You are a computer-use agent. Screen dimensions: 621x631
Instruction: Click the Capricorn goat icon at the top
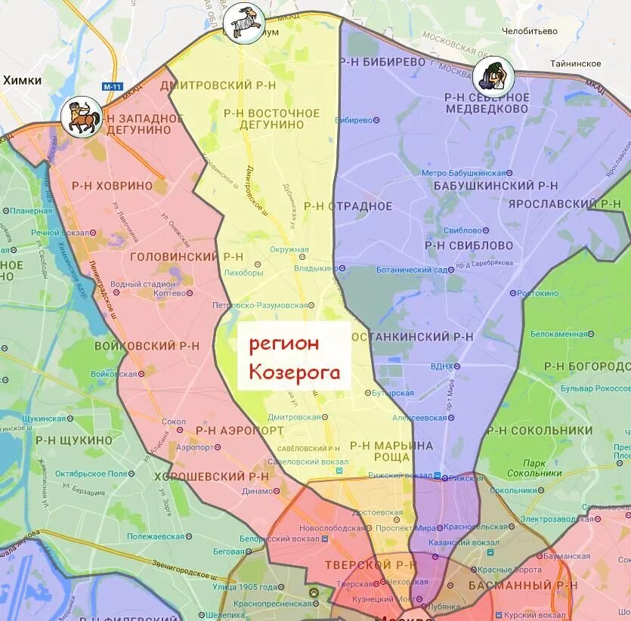point(245,21)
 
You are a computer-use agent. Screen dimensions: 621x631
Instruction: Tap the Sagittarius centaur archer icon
point(82,116)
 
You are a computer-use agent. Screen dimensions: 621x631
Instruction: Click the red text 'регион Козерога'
point(295,357)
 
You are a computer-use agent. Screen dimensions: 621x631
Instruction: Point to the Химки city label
point(22,80)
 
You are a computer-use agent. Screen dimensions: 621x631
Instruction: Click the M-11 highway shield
point(112,87)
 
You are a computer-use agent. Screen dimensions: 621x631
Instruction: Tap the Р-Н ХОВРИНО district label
point(112,185)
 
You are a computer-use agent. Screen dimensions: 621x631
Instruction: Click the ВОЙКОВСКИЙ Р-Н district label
point(147,345)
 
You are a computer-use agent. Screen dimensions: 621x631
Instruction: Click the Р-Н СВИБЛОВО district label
point(469,245)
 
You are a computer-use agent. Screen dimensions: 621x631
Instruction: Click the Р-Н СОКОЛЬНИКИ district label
point(540,430)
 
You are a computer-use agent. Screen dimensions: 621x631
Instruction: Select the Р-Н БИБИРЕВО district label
point(383,62)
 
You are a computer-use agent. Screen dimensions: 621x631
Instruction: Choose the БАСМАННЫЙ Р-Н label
point(521,585)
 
